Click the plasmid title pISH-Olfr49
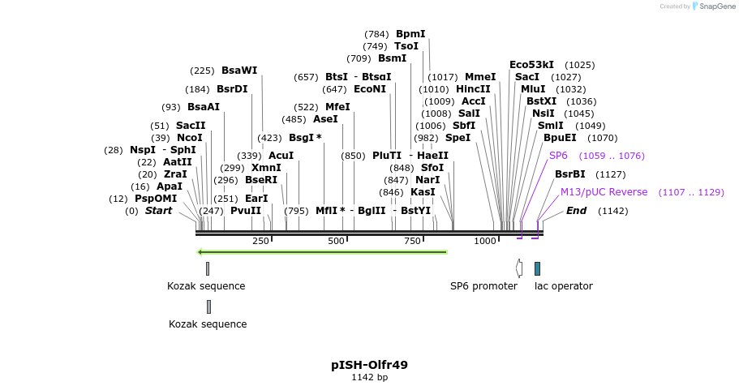pos(369,365)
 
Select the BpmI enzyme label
pos(410,34)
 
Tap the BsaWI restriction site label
pos(239,71)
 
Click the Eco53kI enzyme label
pos(531,65)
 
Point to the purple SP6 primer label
pos(558,155)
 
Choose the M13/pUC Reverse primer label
pos(604,192)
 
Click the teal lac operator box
pos(537,268)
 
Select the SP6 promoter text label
pos(483,286)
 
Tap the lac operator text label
pos(563,286)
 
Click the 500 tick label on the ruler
pos(336,241)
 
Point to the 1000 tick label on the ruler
pos(485,241)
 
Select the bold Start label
pos(158,211)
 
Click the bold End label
pos(576,211)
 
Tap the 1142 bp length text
pos(369,378)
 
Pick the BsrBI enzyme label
pos(569,174)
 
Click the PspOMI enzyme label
pos(155,199)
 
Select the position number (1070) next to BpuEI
pos(603,138)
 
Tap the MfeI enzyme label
pos(337,107)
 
